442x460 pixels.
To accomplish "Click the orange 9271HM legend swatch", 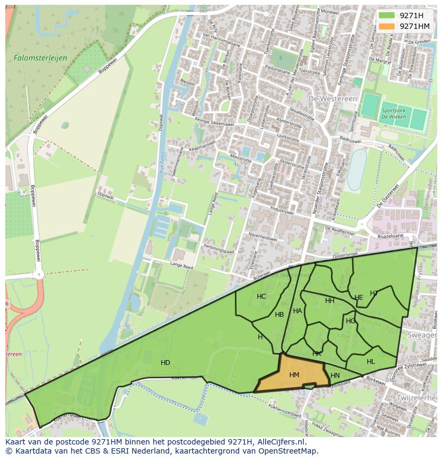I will (388, 26).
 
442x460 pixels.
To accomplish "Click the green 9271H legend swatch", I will (388, 15).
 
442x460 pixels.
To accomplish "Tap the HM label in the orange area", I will (294, 375).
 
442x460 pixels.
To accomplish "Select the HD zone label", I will (165, 363).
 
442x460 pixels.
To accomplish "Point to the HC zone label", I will (261, 297).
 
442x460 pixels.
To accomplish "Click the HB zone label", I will (279, 315).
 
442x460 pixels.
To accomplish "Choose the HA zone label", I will (297, 311).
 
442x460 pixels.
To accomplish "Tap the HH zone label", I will (329, 301).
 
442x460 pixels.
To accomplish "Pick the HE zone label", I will (359, 298).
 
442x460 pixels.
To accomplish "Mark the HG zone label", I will (350, 321).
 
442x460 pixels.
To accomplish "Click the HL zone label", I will (370, 362).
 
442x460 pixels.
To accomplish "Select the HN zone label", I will (335, 376).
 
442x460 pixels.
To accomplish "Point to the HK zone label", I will (317, 354).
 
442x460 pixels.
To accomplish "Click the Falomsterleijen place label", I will (33, 57).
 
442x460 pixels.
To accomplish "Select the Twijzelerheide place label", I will (417, 398).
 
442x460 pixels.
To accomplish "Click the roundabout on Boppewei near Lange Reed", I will (38, 275).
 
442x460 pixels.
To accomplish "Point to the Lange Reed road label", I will (180, 265).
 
